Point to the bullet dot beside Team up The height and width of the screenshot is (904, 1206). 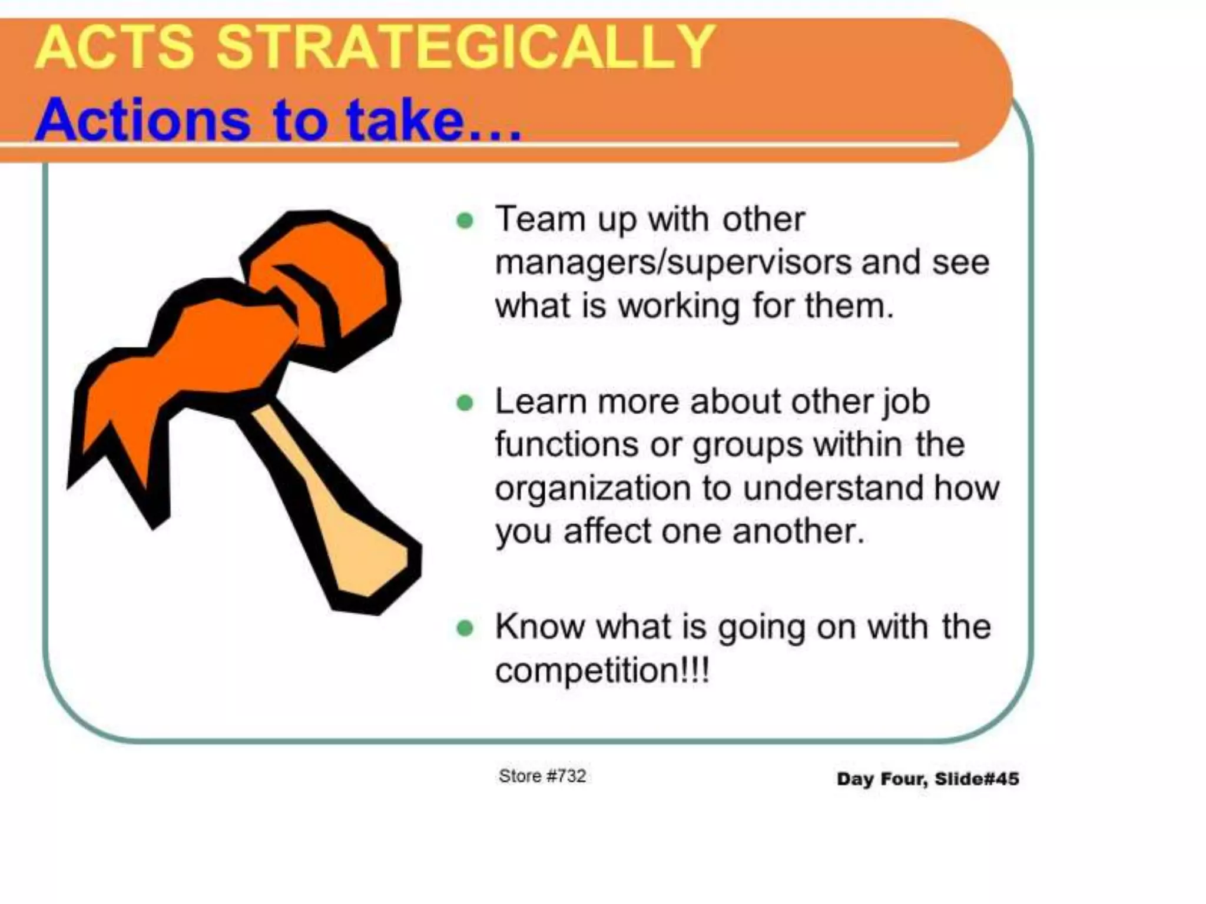[465, 221]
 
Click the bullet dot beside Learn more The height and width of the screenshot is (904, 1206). [465, 403]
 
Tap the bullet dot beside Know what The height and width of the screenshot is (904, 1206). [465, 629]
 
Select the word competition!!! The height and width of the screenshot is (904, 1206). [602, 670]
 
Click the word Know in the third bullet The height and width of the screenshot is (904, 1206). [539, 627]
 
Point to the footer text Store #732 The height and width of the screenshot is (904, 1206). [542, 776]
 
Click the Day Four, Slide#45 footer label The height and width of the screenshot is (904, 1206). [927, 779]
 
